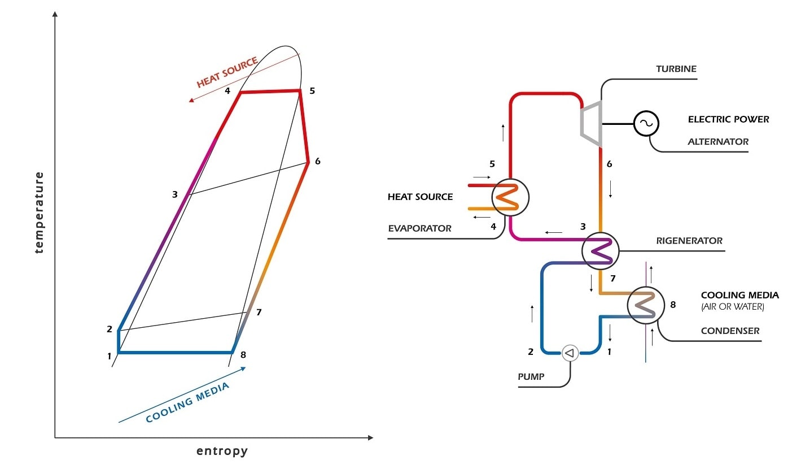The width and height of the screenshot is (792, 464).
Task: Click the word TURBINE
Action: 676,69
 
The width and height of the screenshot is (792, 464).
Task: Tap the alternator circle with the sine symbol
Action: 645,123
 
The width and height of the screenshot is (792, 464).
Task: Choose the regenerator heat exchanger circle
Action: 601,249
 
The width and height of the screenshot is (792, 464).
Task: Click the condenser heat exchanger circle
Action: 645,305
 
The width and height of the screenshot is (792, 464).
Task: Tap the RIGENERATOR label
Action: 689,241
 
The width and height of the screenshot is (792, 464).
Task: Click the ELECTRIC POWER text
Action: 728,119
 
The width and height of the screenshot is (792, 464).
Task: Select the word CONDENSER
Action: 730,331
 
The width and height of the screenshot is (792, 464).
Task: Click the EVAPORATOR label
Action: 419,229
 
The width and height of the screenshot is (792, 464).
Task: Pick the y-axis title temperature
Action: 39,213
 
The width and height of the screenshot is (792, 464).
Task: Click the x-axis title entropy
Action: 222,451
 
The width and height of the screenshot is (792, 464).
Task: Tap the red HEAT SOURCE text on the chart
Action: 227,72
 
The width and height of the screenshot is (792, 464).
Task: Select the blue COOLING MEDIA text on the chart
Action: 187,402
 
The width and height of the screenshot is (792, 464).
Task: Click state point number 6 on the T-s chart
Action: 318,161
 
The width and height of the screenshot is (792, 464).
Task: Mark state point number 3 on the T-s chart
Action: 175,194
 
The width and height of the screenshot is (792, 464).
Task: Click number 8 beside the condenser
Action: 672,305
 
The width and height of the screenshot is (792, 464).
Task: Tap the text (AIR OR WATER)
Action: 732,307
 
